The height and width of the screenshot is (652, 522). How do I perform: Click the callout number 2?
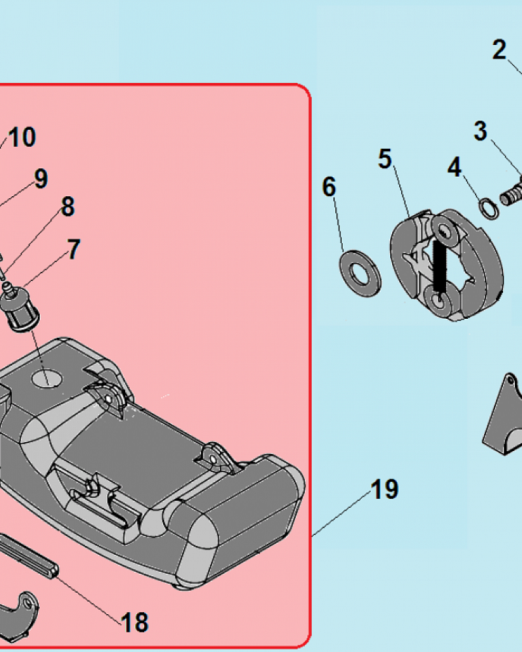click(499, 50)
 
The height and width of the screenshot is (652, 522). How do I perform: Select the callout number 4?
click(455, 167)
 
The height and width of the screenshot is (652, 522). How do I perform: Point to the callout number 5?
click(385, 159)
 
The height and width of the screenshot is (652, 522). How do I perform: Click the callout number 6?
click(329, 186)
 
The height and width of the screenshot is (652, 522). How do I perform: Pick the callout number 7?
click(73, 249)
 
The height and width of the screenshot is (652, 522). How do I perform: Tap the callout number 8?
click(68, 206)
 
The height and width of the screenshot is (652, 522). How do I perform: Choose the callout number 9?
click(41, 179)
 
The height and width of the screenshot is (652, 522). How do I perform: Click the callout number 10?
click(22, 137)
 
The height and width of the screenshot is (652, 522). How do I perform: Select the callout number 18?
click(134, 623)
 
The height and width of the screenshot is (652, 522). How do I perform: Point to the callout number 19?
click(384, 489)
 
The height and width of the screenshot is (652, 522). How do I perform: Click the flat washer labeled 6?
click(360, 273)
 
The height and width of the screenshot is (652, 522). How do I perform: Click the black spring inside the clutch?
click(440, 266)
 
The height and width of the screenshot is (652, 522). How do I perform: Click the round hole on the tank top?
click(46, 379)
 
